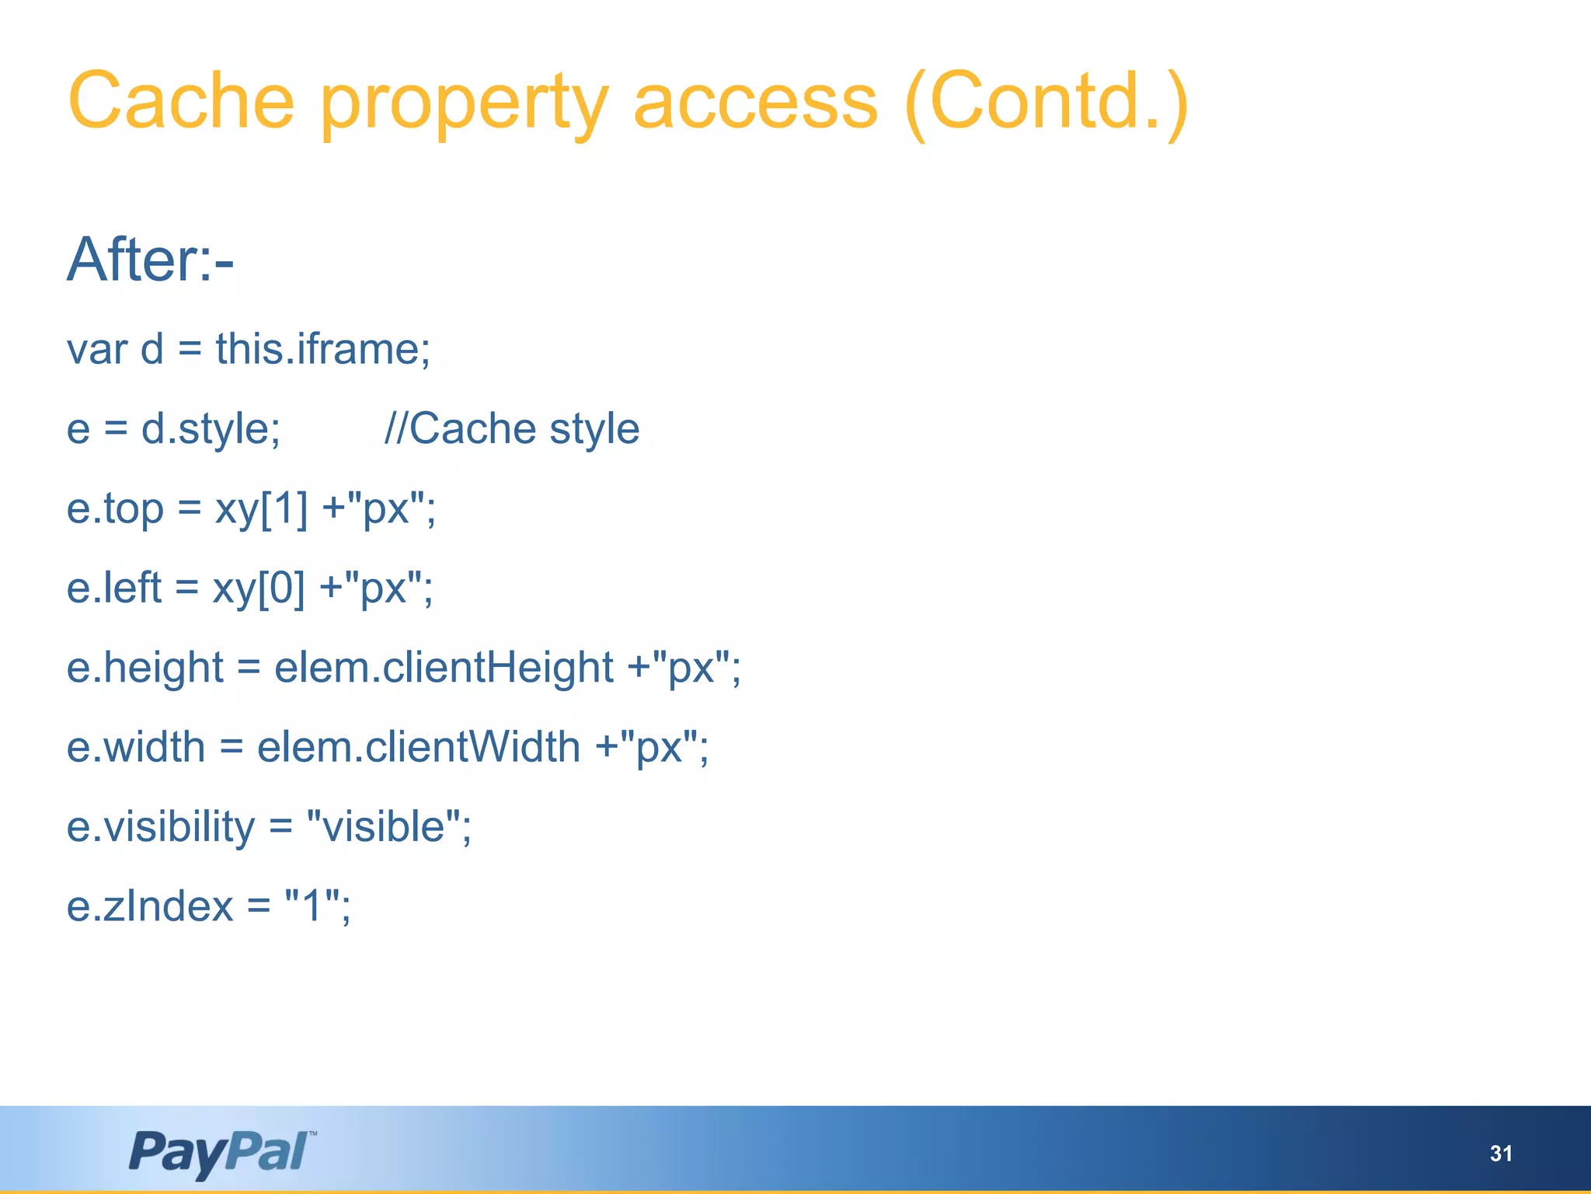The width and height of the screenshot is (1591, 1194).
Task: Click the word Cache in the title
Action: pos(181,101)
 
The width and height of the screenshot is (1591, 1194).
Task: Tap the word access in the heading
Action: pos(755,101)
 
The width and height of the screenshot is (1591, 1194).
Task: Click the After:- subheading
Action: pos(150,260)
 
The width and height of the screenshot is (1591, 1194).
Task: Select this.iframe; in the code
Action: pos(323,348)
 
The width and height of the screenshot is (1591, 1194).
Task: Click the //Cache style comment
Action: pos(512,428)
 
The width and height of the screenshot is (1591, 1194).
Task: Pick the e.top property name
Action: pos(115,509)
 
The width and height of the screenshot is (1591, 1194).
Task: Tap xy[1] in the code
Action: pos(261,509)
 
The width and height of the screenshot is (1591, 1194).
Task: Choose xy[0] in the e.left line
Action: pos(259,588)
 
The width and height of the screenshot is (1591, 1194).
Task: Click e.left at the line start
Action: pos(114,588)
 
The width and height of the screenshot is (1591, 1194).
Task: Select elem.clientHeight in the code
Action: pos(444,668)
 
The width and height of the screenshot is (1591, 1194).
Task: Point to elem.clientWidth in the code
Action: pos(419,747)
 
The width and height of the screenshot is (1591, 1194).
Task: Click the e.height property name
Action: pos(145,668)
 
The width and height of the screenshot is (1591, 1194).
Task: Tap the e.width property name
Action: pos(136,747)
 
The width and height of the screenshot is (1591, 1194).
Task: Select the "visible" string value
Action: pos(388,826)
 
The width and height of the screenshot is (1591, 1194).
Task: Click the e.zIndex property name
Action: pos(150,906)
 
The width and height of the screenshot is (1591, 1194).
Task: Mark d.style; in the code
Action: pos(211,428)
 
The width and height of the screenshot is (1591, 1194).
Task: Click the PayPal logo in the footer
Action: pos(222,1153)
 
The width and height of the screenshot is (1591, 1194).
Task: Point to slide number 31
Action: pos(1501,1154)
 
